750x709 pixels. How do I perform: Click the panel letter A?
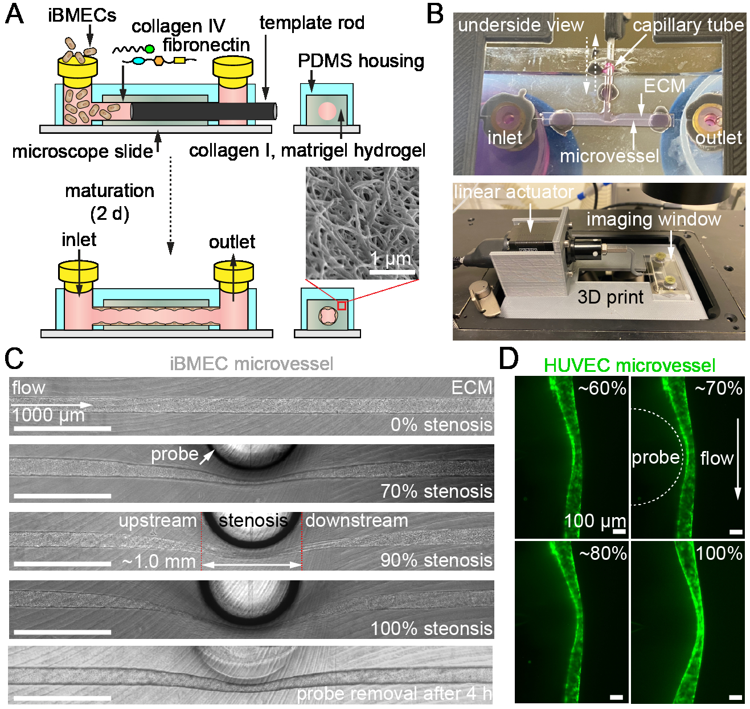[x=15, y=14]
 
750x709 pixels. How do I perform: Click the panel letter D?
[x=509, y=359]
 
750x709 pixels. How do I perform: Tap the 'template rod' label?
[x=312, y=23]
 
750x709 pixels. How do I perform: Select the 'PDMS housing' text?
[x=360, y=61]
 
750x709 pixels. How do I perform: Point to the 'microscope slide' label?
[x=83, y=151]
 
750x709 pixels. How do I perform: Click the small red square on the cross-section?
[x=341, y=306]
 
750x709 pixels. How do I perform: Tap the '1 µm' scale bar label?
[x=391, y=259]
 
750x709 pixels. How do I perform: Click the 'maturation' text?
[x=109, y=190]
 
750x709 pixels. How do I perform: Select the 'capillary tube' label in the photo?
[x=688, y=25]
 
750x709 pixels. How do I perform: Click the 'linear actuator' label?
[x=513, y=192]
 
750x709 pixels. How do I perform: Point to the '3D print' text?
[x=610, y=297]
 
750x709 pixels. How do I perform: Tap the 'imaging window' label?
[x=653, y=219]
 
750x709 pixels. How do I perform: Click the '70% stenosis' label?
[x=436, y=491]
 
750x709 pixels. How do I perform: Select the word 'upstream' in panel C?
[x=158, y=521]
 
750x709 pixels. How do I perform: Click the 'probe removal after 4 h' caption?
[x=394, y=694]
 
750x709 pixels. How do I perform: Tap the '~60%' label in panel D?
[x=602, y=388]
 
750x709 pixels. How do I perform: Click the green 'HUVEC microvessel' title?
[x=629, y=365]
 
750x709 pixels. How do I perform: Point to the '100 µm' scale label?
[x=595, y=521]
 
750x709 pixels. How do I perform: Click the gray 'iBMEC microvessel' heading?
[x=251, y=363]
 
